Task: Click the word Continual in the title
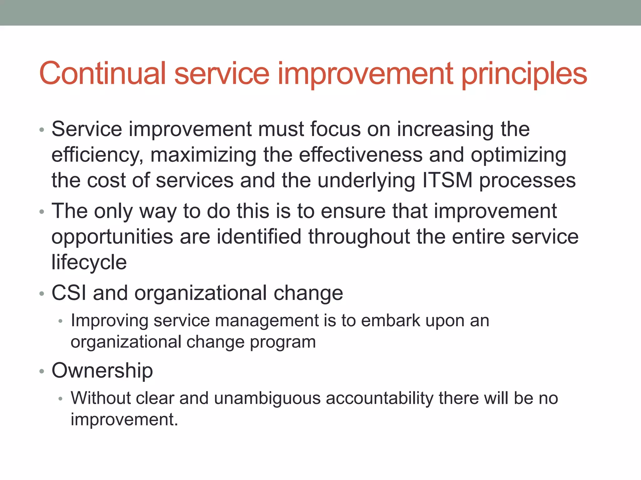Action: pyautogui.click(x=102, y=73)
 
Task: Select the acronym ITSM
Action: pyautogui.click(x=447, y=180)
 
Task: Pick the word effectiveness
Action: pyautogui.click(x=361, y=155)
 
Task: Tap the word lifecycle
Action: pyautogui.click(x=89, y=262)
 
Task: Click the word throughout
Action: pyautogui.click(x=359, y=237)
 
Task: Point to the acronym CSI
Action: pyautogui.click(x=69, y=293)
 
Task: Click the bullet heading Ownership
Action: pyautogui.click(x=102, y=371)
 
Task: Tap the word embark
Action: pyautogui.click(x=390, y=321)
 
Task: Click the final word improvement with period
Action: pyautogui.click(x=124, y=419)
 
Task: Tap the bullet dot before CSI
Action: pyautogui.click(x=42, y=294)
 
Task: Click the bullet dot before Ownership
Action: pyautogui.click(x=42, y=372)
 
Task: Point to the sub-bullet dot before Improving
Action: pyautogui.click(x=61, y=321)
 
